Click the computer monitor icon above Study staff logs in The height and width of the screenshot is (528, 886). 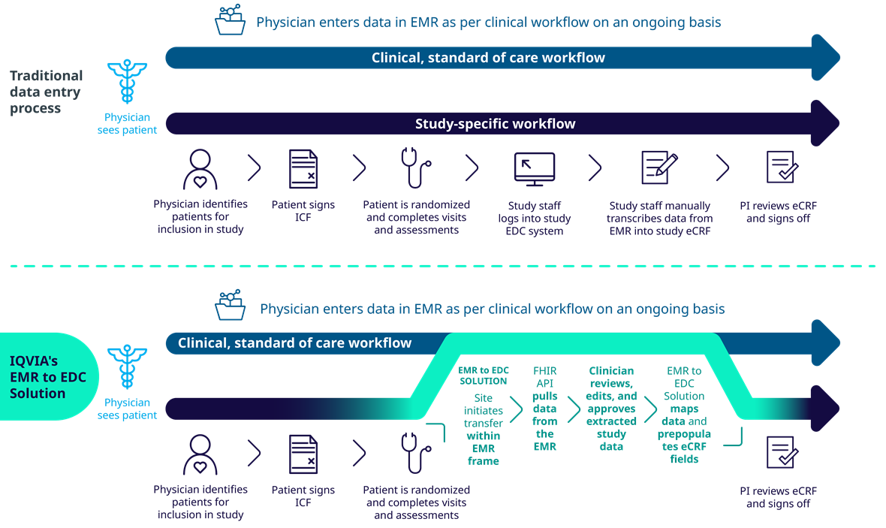coord(535,168)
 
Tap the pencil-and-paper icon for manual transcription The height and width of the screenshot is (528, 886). coord(659,167)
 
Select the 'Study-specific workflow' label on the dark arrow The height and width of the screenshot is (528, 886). coord(495,124)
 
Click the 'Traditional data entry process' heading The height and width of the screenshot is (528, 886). coord(47,92)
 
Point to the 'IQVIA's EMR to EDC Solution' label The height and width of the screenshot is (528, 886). coord(48,377)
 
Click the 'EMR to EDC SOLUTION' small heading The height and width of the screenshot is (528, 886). coord(483,376)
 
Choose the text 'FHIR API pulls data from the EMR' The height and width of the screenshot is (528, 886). coord(544,408)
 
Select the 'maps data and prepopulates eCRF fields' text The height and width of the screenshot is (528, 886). coord(684,433)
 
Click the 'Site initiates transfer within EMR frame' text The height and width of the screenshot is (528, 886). coord(483,429)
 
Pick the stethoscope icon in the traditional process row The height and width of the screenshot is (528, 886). coord(416,167)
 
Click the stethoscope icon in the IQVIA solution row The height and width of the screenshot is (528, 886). coord(416,453)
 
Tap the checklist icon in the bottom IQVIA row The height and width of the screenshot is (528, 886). coord(782,452)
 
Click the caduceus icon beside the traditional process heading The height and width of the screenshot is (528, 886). coord(127,81)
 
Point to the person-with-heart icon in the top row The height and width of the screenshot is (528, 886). coord(200,169)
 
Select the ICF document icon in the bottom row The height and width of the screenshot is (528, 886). coord(303,454)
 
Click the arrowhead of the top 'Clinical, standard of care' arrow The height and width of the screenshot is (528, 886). coord(825,58)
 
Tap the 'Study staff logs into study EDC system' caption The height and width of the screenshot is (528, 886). coord(535,219)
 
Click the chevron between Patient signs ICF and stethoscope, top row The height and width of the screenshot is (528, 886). coord(360,167)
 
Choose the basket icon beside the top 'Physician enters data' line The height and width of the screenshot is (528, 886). coord(230,20)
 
